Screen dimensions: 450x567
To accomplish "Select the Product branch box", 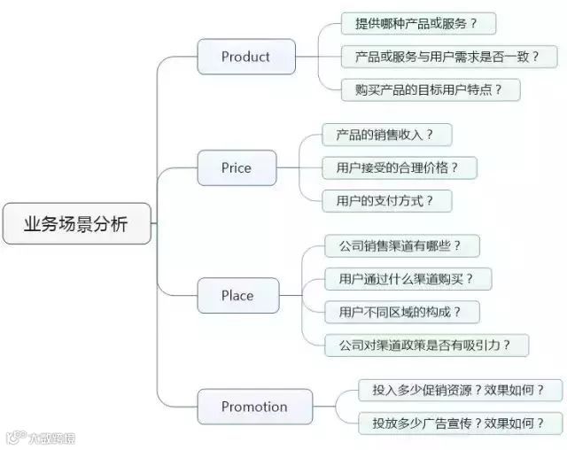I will [x=245, y=57].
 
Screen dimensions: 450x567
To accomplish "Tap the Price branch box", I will [x=237, y=167].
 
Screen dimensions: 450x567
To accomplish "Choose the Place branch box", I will [x=237, y=296].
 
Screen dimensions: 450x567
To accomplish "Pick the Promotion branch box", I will [x=254, y=407].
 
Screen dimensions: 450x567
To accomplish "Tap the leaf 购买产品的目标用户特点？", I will [x=430, y=89].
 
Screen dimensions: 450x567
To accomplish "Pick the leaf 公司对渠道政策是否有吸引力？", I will [x=427, y=345].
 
